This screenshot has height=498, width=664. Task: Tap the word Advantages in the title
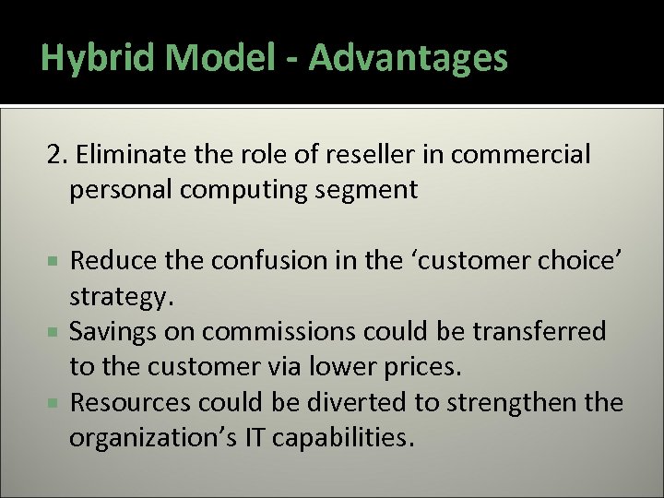(408, 58)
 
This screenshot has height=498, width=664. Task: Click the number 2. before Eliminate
(57, 155)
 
